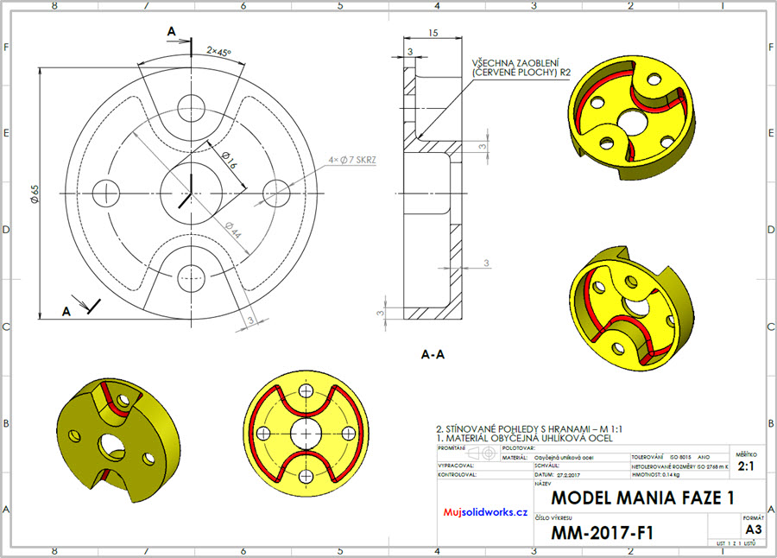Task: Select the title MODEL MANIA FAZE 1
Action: click(x=642, y=498)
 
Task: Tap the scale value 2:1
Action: click(x=746, y=465)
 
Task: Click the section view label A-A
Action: click(x=433, y=354)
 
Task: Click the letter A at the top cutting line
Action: click(x=171, y=32)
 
